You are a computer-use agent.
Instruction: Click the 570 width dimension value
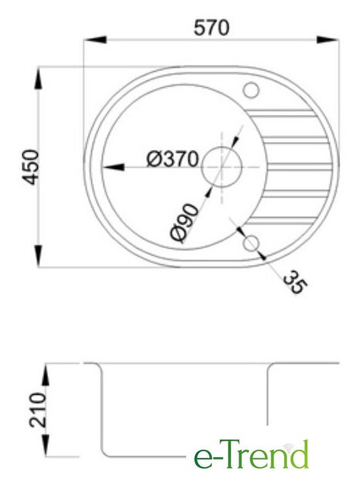[212, 27]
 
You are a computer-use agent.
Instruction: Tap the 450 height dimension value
[32, 167]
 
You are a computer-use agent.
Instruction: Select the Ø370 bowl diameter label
[172, 159]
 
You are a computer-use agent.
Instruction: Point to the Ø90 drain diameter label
[184, 223]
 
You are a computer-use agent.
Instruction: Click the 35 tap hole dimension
[295, 282]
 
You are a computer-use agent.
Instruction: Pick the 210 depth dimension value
[38, 409]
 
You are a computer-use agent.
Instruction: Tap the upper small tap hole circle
[251, 90]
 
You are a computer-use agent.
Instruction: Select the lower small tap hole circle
[251, 243]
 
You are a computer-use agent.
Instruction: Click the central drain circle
[222, 167]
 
